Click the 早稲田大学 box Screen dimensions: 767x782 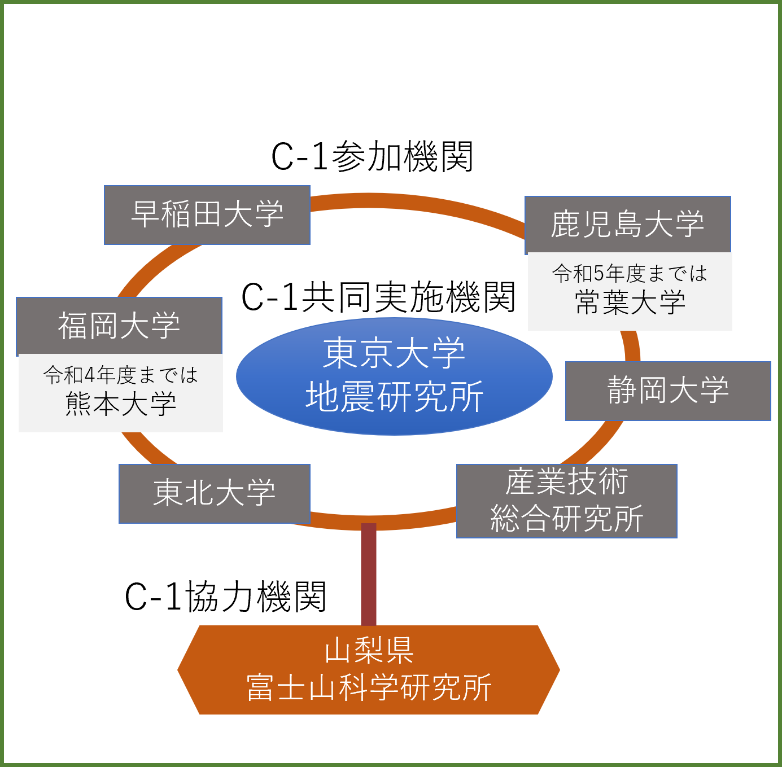[207, 215]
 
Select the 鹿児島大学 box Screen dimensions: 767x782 [627, 225]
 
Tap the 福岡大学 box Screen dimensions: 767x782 [119, 326]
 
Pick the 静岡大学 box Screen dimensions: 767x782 [668, 391]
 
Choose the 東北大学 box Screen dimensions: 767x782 [215, 493]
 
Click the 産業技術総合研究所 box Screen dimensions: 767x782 [566, 501]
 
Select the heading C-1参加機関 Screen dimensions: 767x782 [372, 157]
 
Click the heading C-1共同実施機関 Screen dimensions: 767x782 [378, 297]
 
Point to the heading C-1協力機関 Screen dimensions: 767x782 [225, 597]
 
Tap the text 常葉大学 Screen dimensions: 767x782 [630, 303]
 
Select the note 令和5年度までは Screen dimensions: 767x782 [630, 274]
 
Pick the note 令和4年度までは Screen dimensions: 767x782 [121, 375]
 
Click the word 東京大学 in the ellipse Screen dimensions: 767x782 [394, 354]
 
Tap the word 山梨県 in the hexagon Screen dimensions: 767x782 [369, 651]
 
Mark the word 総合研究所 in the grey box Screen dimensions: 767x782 [566, 519]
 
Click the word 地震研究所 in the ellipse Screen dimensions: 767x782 [394, 397]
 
